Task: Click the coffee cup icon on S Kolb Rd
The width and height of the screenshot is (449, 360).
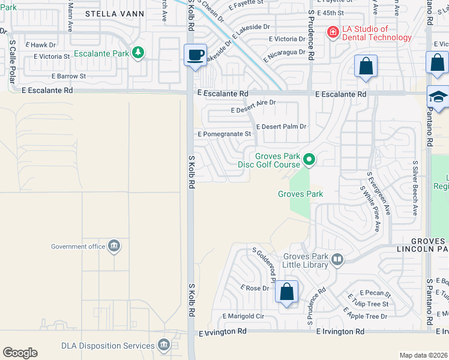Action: pos(195,55)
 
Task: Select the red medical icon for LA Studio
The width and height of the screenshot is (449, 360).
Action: pos(331,32)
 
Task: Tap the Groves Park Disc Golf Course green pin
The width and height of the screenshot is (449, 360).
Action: pos(309,160)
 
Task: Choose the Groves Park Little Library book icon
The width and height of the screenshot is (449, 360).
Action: pos(337,260)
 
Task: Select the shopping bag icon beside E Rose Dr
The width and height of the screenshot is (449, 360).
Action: pos(287,292)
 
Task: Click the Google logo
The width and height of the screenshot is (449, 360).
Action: pos(20,353)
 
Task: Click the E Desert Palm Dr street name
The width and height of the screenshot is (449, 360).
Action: pos(281,127)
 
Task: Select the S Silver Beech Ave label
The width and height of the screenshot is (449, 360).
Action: pos(415,188)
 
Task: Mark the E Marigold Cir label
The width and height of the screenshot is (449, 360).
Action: pos(243,316)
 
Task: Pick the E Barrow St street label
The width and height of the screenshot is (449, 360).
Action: pos(68,76)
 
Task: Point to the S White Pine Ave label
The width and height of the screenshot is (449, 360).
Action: pos(370,209)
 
